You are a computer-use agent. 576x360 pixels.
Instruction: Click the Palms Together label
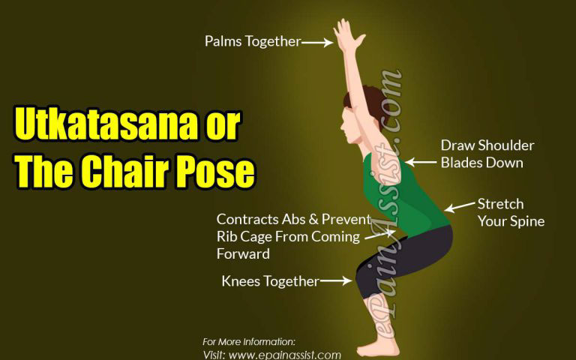coord(252,41)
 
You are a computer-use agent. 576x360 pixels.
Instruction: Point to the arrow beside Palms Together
coord(317,43)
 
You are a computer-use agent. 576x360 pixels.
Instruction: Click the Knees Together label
coord(270,281)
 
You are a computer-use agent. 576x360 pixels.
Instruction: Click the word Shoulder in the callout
coord(507,145)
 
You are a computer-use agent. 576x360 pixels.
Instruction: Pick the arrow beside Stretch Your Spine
coord(459,207)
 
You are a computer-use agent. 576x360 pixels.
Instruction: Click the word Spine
coord(527,221)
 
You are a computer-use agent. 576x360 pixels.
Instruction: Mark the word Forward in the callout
coord(243,253)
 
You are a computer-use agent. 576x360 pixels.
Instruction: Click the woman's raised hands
coord(347,34)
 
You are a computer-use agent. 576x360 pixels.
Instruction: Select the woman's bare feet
coord(379,347)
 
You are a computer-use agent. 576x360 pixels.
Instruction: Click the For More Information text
coord(249,341)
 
